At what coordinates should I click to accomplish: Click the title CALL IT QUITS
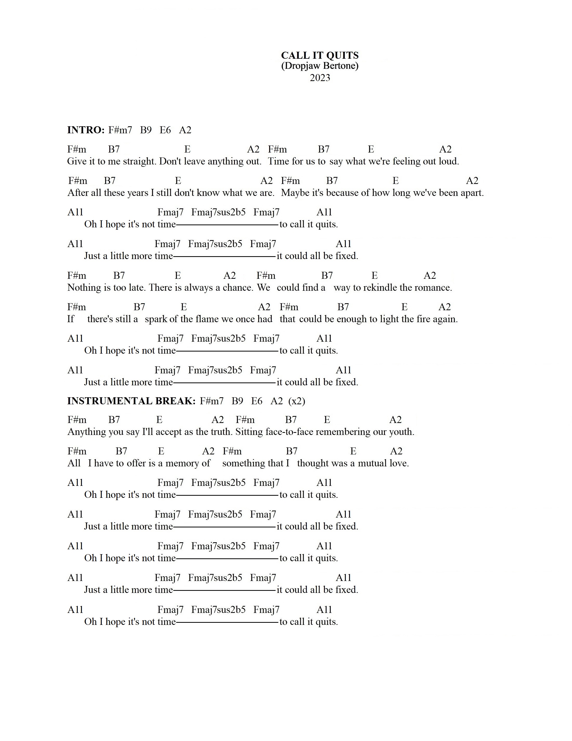pos(320,55)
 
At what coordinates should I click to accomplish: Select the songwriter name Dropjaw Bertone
pos(320,65)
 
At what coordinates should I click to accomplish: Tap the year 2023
pos(320,78)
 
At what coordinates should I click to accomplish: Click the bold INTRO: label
pos(86,130)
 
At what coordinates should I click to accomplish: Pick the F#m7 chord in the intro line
pos(120,130)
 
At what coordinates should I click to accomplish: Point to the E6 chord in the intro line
pos(165,130)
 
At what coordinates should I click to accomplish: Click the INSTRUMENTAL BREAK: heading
pos(131,401)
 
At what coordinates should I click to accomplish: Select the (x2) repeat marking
pos(296,401)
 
